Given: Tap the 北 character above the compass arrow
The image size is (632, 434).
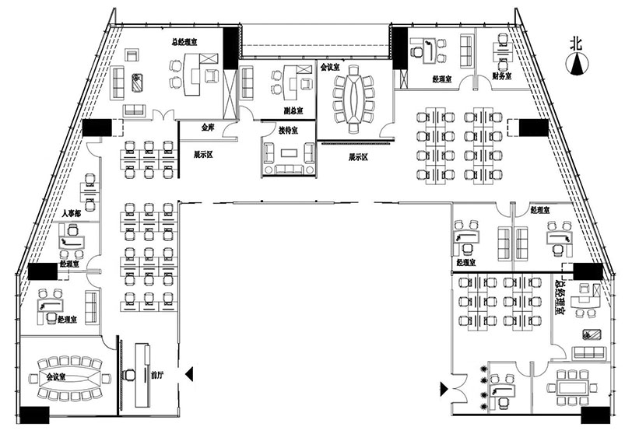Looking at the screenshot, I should [576, 44].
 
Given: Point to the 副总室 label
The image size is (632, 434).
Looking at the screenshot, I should [293, 110].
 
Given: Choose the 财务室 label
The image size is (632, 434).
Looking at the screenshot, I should [503, 76].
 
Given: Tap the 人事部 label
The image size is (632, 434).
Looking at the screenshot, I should [72, 212].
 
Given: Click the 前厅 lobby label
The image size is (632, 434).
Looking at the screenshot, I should [157, 375].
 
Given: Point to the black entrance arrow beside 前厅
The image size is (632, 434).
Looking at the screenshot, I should [188, 375].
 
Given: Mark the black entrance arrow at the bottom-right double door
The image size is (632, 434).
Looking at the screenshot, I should [444, 387].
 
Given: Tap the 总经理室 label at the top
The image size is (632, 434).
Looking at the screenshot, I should [184, 44].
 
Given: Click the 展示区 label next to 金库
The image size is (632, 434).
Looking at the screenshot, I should [204, 154].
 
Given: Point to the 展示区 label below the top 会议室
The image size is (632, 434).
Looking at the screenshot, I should [358, 156].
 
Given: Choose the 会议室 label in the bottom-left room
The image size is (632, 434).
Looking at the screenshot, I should [57, 376].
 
